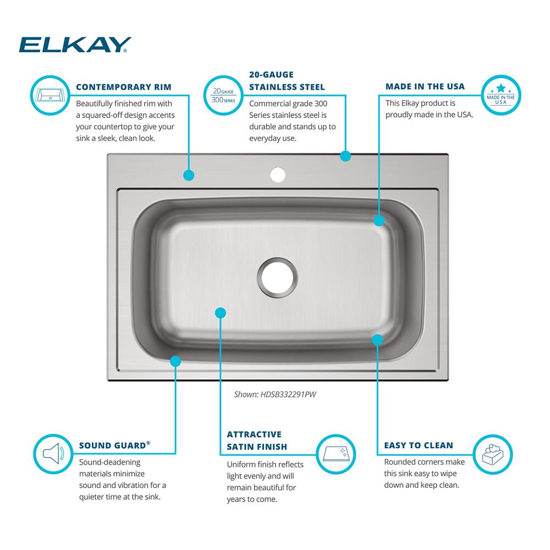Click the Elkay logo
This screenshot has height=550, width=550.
coord(75,45)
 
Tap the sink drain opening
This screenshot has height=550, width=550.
coord(277,278)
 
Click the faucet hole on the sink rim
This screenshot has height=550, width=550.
coord(278,175)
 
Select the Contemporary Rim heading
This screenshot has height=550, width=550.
coord(123,87)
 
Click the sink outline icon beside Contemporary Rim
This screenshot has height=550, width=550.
coord(51,95)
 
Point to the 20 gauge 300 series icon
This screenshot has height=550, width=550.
coord(223,95)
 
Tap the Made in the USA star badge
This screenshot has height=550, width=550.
coord(501,95)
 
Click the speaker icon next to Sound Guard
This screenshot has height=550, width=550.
coord(53,454)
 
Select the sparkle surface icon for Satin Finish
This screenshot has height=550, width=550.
coord(336,454)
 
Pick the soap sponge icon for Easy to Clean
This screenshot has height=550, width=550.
coord(493,454)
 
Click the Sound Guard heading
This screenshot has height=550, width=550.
coord(114,445)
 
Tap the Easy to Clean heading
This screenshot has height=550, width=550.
coord(419,446)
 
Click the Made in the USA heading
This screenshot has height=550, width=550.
coord(425,86)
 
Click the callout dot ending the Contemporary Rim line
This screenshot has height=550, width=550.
coord(189,175)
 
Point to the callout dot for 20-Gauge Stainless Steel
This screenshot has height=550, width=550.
coord(345,156)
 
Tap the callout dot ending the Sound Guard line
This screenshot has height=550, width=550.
coord(175,361)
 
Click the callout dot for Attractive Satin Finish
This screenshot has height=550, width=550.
coord(221,313)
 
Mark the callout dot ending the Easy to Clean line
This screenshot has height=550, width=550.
coord(377,339)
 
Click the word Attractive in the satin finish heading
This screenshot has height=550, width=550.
coord(254,435)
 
